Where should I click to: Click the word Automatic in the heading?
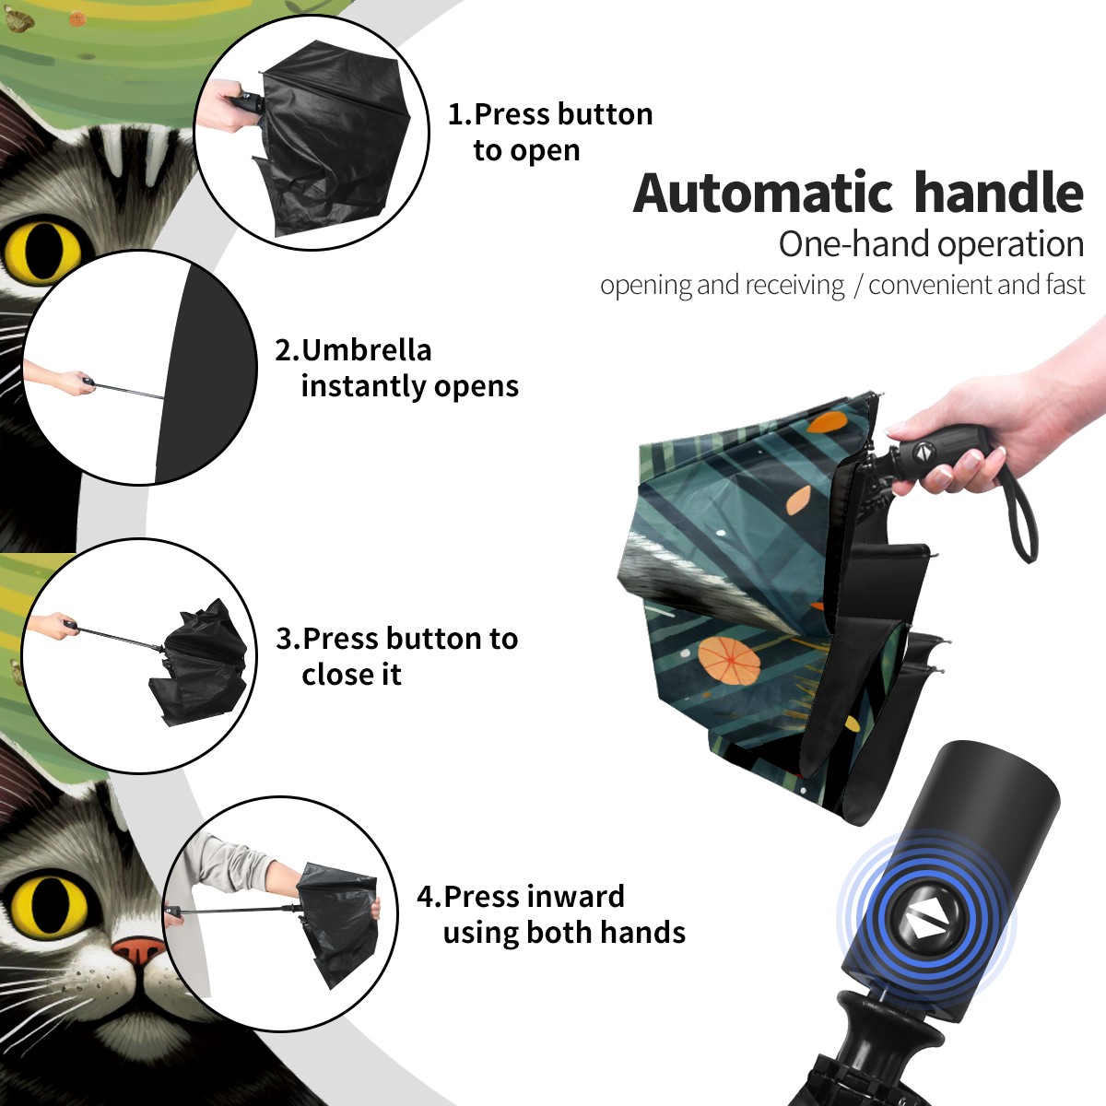coord(763,193)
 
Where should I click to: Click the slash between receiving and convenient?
coord(858,286)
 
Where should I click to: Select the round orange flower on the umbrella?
coord(729,660)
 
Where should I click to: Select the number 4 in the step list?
coord(425,897)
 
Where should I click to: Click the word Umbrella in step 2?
coord(366,350)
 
